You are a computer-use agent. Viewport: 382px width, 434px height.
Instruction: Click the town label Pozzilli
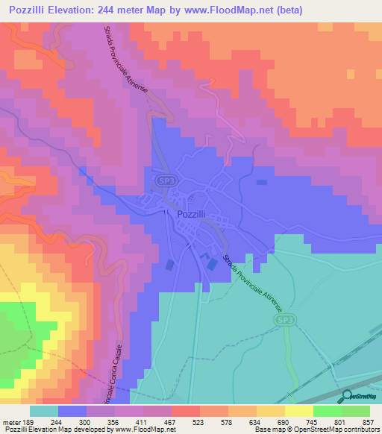(x=197, y=214)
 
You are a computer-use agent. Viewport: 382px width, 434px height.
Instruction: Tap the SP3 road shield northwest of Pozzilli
(x=165, y=181)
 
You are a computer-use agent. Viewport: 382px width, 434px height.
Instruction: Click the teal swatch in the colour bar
(x=44, y=411)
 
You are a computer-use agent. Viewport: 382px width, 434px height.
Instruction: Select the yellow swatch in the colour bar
(x=299, y=411)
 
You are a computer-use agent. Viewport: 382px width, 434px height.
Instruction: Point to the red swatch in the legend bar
(x=186, y=411)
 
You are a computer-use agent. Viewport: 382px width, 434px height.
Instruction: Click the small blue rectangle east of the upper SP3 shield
(x=261, y=182)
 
